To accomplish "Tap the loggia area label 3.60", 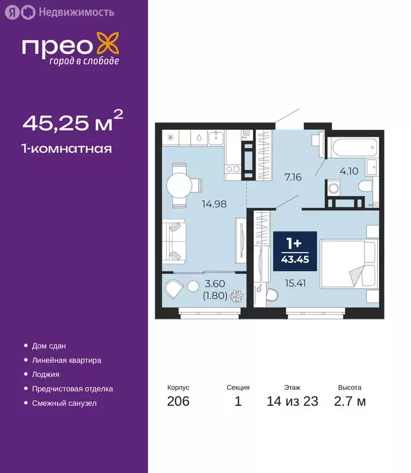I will pyautogui.click(x=215, y=284).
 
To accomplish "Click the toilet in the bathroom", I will pyautogui.click(x=365, y=187).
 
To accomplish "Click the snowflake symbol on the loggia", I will pyautogui.click(x=236, y=297).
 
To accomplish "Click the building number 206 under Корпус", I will pyautogui.click(x=178, y=402).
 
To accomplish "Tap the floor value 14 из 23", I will pyautogui.click(x=293, y=402).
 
